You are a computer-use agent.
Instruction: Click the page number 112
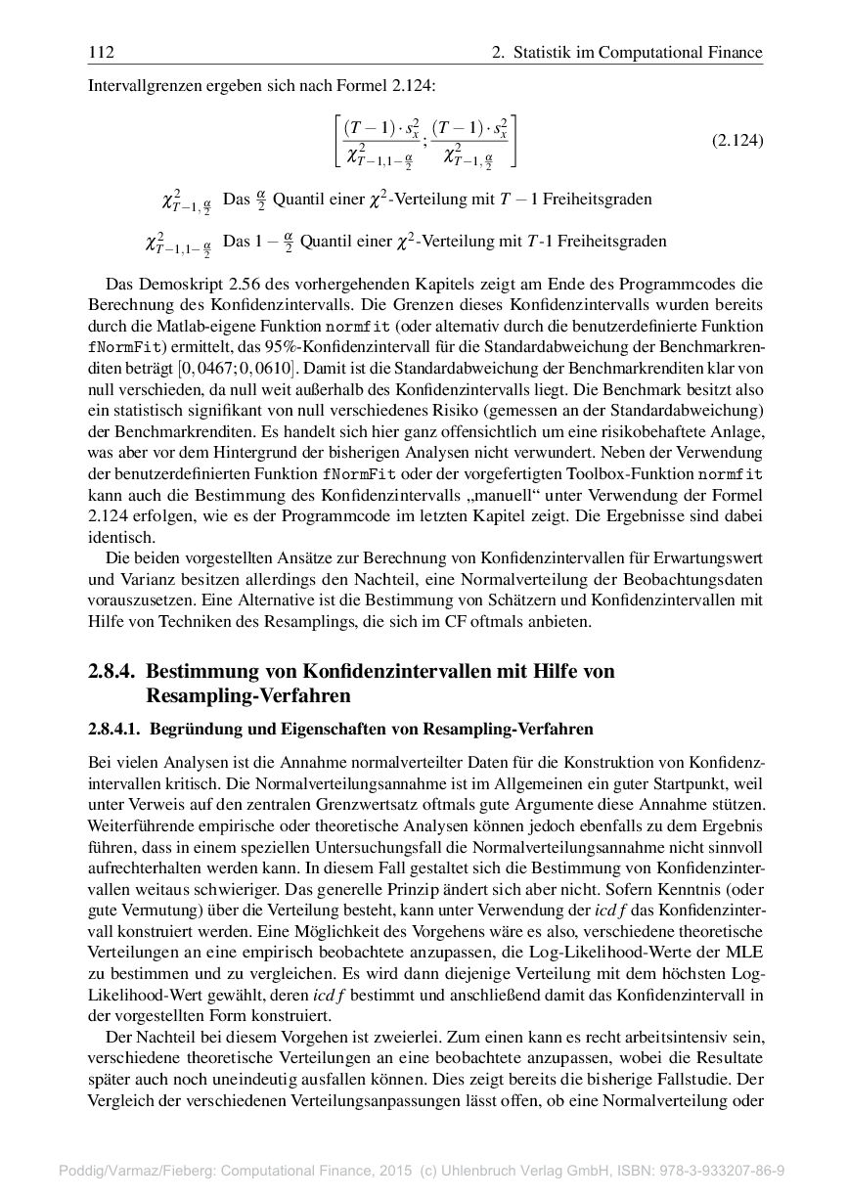pyautogui.click(x=98, y=52)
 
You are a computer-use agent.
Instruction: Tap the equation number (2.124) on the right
pyautogui.click(x=736, y=141)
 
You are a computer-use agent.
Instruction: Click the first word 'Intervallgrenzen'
pyautogui.click(x=141, y=85)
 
